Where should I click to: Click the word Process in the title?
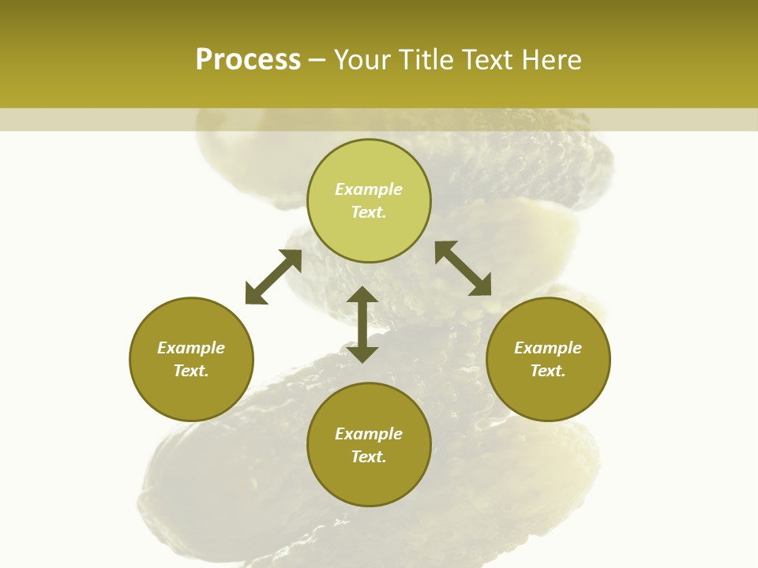(x=248, y=60)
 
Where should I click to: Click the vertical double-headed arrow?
(x=362, y=324)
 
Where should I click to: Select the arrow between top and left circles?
(x=273, y=277)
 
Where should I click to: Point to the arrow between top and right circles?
(x=463, y=268)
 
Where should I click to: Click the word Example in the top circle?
(x=369, y=189)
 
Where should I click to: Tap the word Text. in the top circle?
(x=369, y=212)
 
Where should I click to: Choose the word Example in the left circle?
(x=191, y=348)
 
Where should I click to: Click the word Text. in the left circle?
(x=191, y=371)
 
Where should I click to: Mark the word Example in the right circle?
(x=548, y=348)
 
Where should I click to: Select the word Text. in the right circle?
(x=548, y=371)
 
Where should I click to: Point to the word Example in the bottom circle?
(x=369, y=434)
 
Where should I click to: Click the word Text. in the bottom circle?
(x=369, y=457)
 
